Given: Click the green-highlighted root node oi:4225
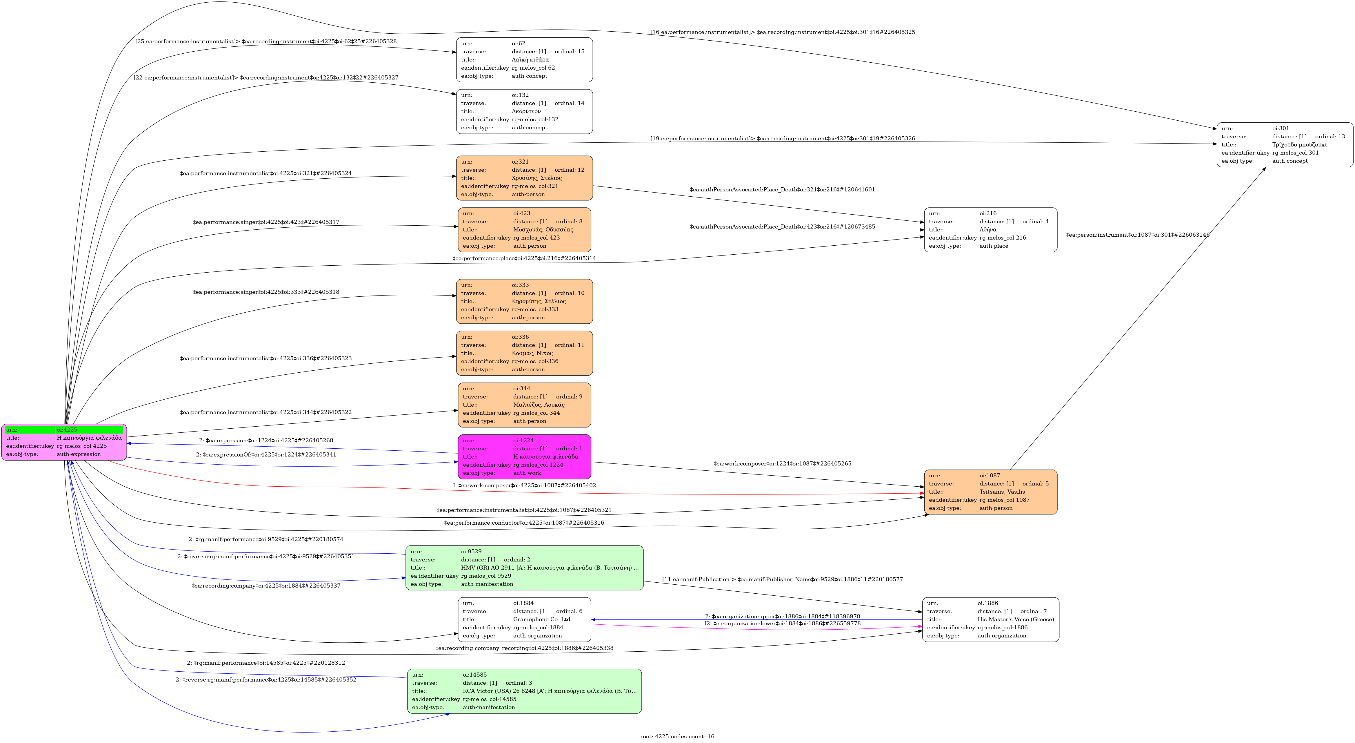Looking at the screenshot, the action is (x=64, y=442).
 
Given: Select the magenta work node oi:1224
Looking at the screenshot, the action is (x=524, y=457).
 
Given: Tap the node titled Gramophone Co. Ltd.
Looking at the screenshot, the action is (x=524, y=619).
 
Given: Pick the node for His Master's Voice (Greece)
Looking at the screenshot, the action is (x=990, y=619).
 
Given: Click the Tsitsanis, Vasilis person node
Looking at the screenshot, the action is (x=990, y=492).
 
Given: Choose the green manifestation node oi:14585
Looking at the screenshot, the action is (x=524, y=691).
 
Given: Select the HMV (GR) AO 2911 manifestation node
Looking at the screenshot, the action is (x=524, y=568).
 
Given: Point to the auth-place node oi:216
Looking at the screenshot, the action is (x=990, y=230).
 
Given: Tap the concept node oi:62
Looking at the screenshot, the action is (x=524, y=59).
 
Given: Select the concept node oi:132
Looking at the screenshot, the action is (x=524, y=112).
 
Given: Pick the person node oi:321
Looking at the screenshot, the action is (x=524, y=178).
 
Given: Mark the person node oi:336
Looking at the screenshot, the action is (x=524, y=353).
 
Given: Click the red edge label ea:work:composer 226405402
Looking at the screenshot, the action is (x=524, y=485).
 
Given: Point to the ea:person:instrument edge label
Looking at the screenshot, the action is (x=1138, y=235).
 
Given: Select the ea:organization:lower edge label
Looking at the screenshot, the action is (x=783, y=624).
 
